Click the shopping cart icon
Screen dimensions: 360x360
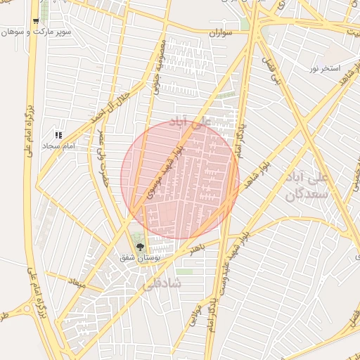pyautogui.click(x=35, y=21)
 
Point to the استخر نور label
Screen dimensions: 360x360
pyautogui.click(x=325, y=68)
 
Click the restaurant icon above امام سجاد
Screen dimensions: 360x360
pyautogui.click(x=59, y=134)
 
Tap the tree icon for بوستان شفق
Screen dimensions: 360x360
pyautogui.click(x=140, y=247)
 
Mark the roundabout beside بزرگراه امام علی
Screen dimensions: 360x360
pyautogui.click(x=26, y=307)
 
